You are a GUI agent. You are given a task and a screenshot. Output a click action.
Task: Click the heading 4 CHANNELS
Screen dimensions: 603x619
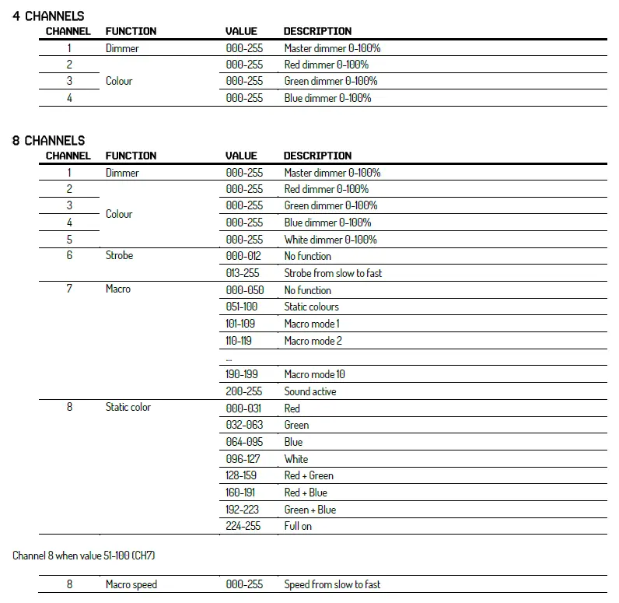[48, 16]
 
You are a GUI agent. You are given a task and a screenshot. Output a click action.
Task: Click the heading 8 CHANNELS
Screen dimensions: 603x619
[48, 140]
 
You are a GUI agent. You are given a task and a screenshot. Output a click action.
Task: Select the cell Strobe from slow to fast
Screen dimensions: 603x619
[333, 273]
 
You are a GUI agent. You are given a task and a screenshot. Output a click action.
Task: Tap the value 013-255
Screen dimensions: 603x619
[243, 273]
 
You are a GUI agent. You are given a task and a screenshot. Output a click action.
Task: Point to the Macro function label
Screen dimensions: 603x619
[118, 289]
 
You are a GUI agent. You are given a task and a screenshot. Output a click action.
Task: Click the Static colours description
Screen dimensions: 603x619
[311, 307]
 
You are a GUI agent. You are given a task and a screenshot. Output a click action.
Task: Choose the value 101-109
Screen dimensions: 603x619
[240, 323]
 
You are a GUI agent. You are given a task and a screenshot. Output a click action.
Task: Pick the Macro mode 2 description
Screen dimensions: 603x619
[313, 340]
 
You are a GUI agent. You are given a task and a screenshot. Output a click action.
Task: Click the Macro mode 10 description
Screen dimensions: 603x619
[314, 374]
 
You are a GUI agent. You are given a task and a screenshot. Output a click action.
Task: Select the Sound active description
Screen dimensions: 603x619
[309, 391]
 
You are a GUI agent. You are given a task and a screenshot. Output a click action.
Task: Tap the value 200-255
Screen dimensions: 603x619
[244, 391]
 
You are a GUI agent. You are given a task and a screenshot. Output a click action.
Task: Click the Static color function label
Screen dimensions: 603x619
[128, 408]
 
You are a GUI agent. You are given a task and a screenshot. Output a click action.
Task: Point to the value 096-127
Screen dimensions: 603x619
[243, 459]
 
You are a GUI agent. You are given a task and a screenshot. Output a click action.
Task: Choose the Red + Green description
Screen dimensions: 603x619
[309, 475]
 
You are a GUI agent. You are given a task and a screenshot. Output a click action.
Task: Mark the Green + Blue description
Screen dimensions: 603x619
[310, 510]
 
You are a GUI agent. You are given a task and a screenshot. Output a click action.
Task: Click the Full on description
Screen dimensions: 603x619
[298, 526]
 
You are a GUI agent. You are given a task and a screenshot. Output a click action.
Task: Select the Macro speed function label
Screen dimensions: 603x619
[131, 584]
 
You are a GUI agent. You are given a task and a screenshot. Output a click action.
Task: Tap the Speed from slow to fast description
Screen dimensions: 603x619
[332, 584]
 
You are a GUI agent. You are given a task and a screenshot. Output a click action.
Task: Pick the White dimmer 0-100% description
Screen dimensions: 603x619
[330, 240]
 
